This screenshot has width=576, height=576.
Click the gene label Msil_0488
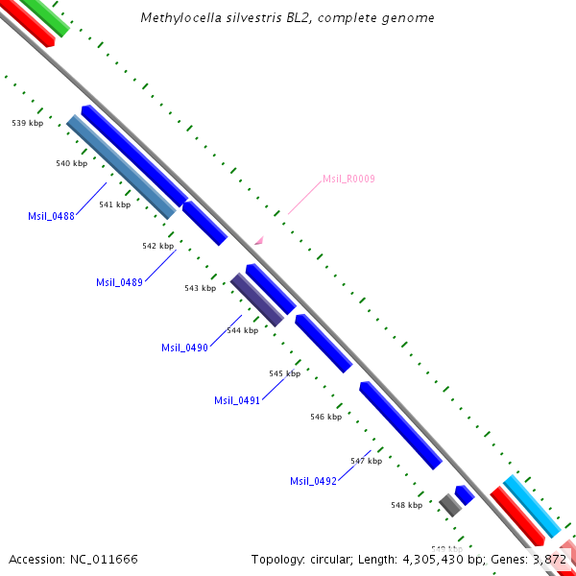click(52, 216)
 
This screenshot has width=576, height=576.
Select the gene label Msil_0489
click(119, 282)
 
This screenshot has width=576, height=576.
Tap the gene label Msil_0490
click(184, 348)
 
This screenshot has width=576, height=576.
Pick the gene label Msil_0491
click(237, 401)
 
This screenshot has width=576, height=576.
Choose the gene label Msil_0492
click(313, 481)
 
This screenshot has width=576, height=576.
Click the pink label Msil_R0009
click(348, 179)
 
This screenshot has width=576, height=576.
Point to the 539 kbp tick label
click(27, 124)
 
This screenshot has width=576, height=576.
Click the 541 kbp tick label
click(114, 204)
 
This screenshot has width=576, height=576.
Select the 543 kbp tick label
click(200, 288)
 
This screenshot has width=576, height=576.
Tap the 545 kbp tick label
click(284, 373)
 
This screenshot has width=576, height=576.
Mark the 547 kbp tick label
click(366, 461)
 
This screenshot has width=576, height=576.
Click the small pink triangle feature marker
click(257, 241)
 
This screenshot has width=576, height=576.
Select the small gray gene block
click(450, 504)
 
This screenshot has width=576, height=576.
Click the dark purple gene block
click(257, 300)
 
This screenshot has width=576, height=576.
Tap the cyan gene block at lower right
click(532, 506)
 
